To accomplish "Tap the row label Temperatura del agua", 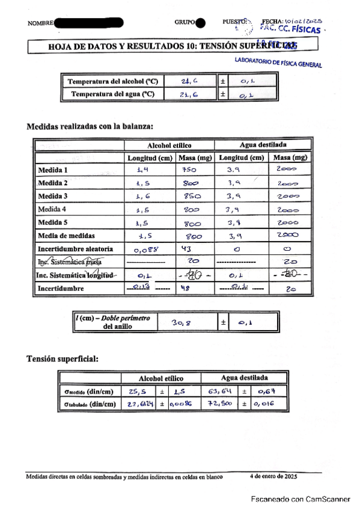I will [x=113, y=94].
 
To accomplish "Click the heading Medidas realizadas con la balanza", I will [x=90, y=126].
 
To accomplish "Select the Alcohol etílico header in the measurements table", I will [x=169, y=146].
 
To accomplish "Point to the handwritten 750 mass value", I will [x=189, y=171].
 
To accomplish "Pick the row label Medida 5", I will [x=52, y=223].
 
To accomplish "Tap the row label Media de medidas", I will [x=66, y=236].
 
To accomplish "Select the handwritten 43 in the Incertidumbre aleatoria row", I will [x=186, y=248].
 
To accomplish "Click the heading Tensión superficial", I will [x=63, y=359].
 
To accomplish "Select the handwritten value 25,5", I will [x=138, y=392].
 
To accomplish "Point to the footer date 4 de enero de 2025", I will [x=273, y=476].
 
